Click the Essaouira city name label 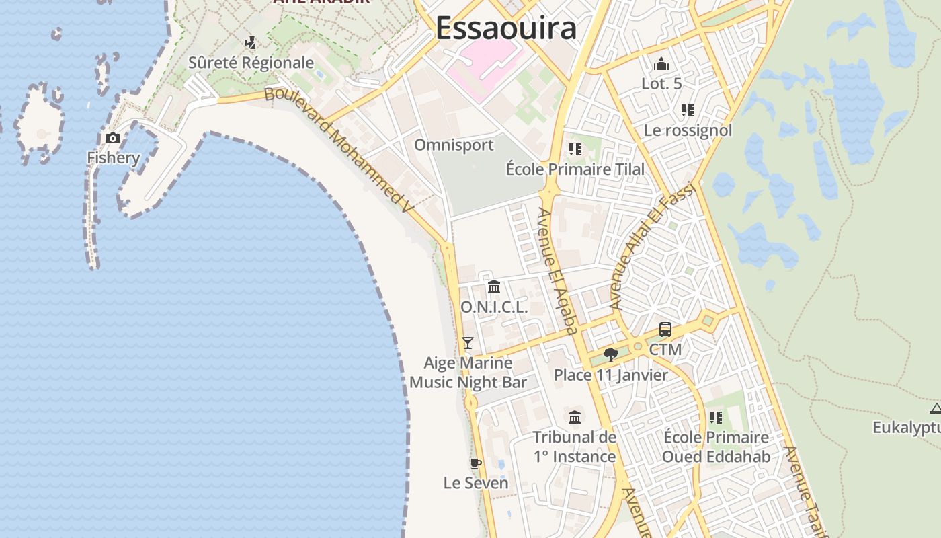point(505,29)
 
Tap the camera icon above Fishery point(113,139)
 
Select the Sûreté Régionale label point(251,63)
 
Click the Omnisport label point(454,145)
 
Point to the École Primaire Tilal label point(575,169)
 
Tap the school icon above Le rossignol point(687,110)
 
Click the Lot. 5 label point(661,84)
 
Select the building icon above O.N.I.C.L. point(494,287)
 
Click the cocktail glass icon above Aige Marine point(468,343)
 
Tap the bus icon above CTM point(665,330)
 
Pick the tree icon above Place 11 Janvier point(610,354)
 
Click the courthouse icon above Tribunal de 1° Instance point(575,417)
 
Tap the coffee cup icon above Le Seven point(475,463)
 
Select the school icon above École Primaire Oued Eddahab point(716,418)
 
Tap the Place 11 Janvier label point(610,375)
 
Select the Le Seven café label point(475,483)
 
